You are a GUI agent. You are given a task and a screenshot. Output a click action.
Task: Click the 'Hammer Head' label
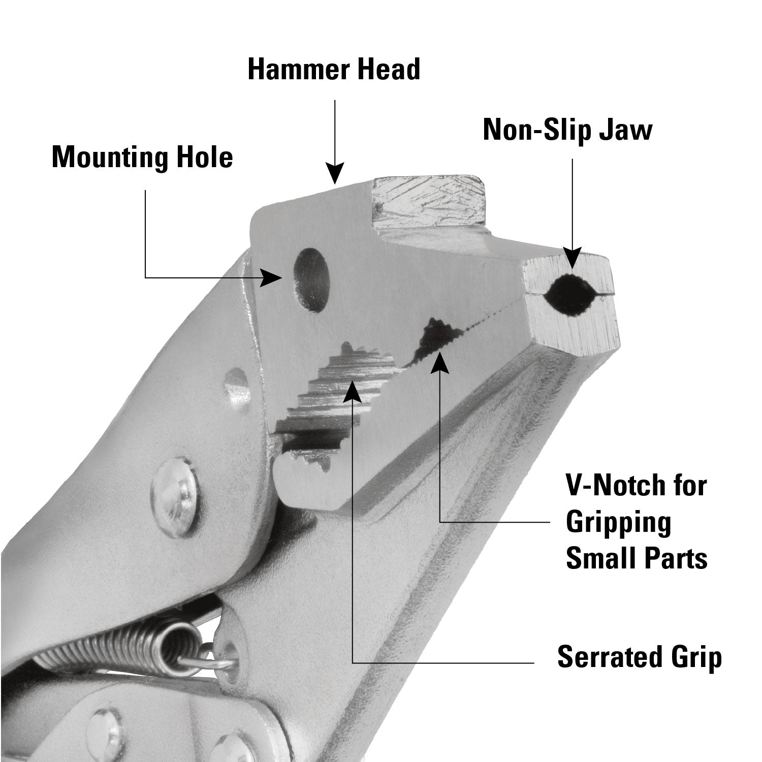(x=334, y=70)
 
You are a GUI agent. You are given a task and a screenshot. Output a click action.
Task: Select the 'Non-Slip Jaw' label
(x=567, y=130)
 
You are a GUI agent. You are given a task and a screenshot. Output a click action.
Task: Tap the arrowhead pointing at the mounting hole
(x=272, y=278)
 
